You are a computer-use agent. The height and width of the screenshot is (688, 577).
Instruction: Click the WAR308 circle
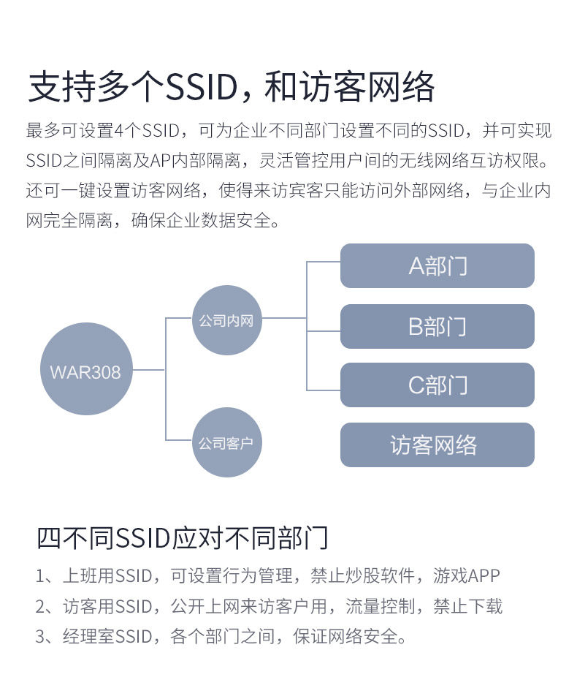[x=85, y=370]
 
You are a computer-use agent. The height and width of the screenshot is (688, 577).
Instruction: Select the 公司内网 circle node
[x=226, y=320]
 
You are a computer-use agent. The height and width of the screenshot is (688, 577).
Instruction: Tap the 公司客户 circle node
[x=226, y=443]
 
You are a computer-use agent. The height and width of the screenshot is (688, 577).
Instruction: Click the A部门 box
[x=437, y=265]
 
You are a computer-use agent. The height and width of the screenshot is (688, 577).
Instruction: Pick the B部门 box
[x=437, y=326]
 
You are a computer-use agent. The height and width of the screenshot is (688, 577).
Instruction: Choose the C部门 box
[x=437, y=385]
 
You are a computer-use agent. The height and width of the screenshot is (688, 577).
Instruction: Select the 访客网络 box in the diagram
[x=437, y=445]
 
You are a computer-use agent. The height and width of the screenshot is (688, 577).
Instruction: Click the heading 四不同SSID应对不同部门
[x=182, y=537]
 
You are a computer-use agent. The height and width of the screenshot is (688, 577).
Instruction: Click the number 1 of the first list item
[x=41, y=575]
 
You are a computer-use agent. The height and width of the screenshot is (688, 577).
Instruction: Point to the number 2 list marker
[x=41, y=606]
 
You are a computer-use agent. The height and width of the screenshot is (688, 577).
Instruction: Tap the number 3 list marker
[x=41, y=637]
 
